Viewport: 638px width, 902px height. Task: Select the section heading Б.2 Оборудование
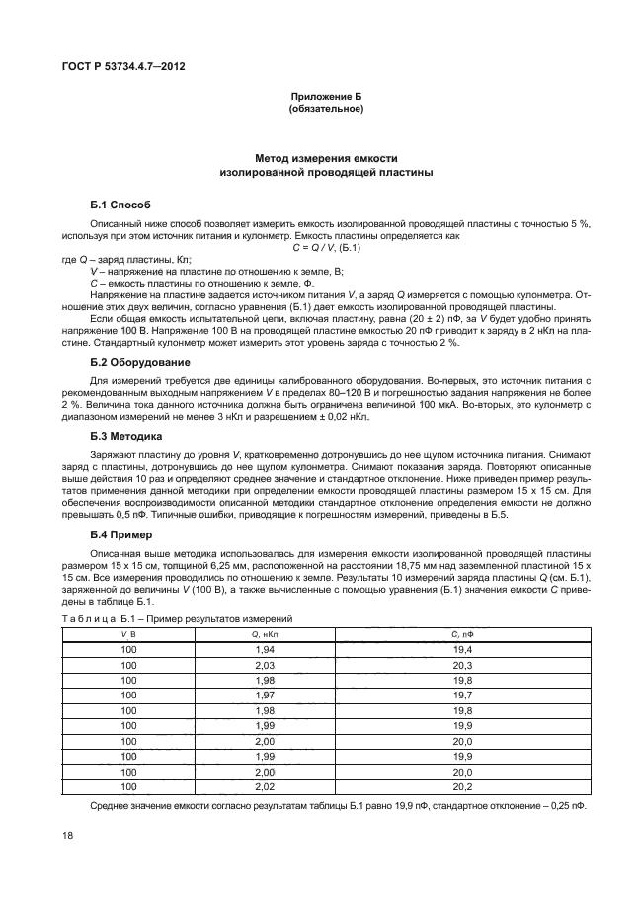[x=138, y=363]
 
